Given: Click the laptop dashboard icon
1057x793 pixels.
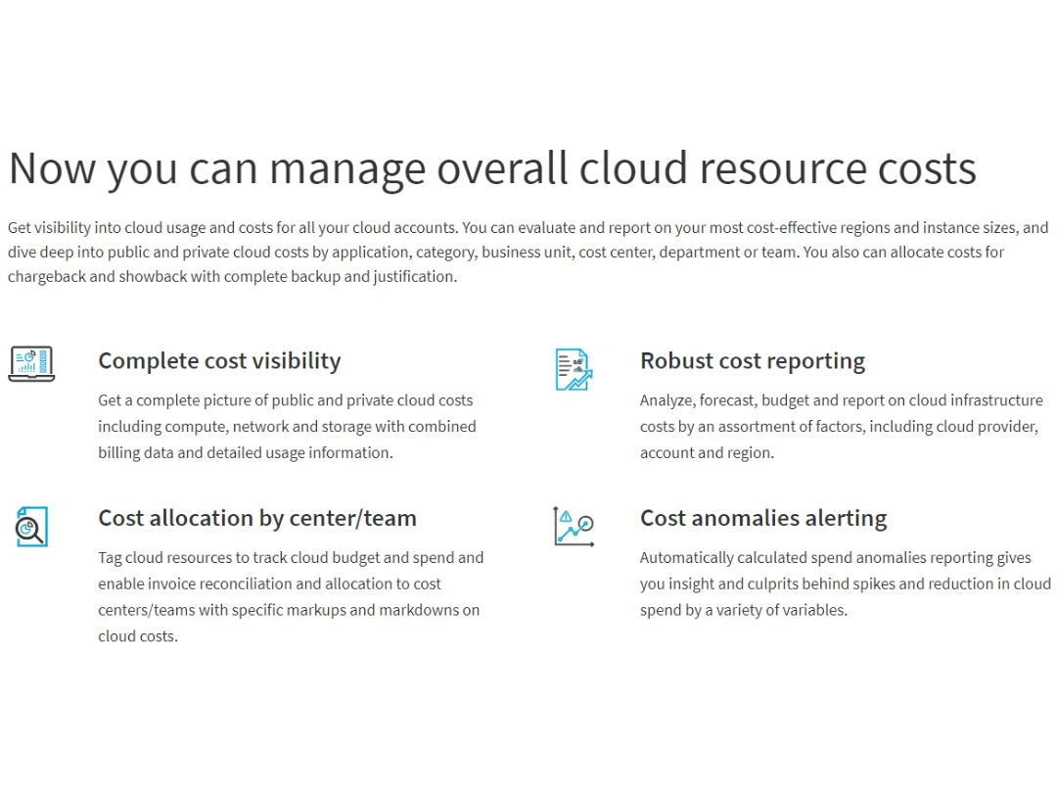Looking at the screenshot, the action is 31,364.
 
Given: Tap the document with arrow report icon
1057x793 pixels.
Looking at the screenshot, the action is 574,369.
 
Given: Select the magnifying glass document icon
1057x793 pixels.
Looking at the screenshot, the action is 31,527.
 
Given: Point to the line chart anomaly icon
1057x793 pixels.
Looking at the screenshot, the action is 574,526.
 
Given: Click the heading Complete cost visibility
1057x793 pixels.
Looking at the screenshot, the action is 220,360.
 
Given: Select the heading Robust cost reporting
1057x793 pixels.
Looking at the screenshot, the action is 753,360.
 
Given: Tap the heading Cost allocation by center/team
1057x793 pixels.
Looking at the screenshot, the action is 257,518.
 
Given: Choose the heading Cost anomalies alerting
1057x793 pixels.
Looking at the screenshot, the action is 763,518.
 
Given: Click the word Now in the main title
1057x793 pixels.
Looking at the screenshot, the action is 53,168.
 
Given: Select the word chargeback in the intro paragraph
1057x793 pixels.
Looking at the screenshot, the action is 47,276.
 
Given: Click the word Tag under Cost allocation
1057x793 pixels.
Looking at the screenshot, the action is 110,558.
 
